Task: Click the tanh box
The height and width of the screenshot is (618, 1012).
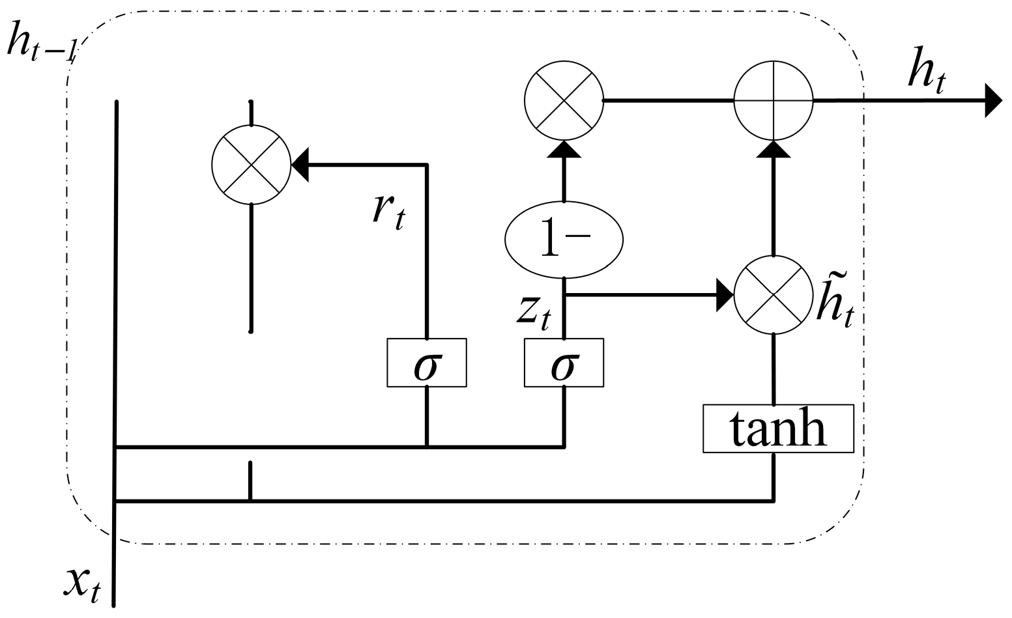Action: (x=777, y=428)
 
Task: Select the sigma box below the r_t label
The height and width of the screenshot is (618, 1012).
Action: (x=427, y=363)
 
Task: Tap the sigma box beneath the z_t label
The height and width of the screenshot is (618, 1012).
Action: (x=564, y=363)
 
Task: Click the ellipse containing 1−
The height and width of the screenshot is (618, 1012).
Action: (x=564, y=240)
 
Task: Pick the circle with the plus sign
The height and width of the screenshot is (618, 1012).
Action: (x=773, y=101)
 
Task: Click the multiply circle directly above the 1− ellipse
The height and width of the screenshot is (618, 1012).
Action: (x=564, y=101)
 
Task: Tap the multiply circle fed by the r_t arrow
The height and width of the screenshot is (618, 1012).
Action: (x=251, y=165)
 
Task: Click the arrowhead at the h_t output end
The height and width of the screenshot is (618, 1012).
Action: (x=993, y=101)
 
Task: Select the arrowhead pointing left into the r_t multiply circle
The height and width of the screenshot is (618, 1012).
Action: (x=300, y=165)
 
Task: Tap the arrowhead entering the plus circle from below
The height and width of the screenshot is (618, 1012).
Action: (x=773, y=149)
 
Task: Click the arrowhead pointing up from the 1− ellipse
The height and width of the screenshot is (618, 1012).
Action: (x=564, y=149)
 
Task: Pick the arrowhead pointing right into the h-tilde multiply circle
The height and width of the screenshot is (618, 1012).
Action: (x=725, y=295)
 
